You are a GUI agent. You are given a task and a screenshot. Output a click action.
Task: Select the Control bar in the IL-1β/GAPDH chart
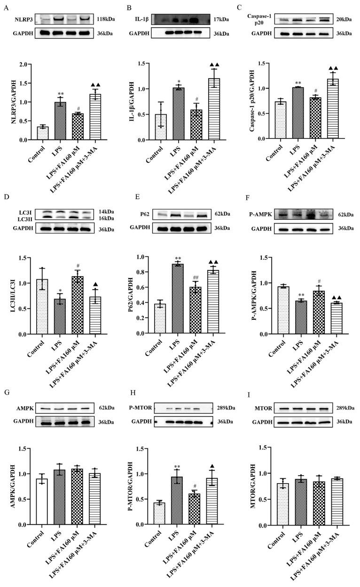tap(161, 127)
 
